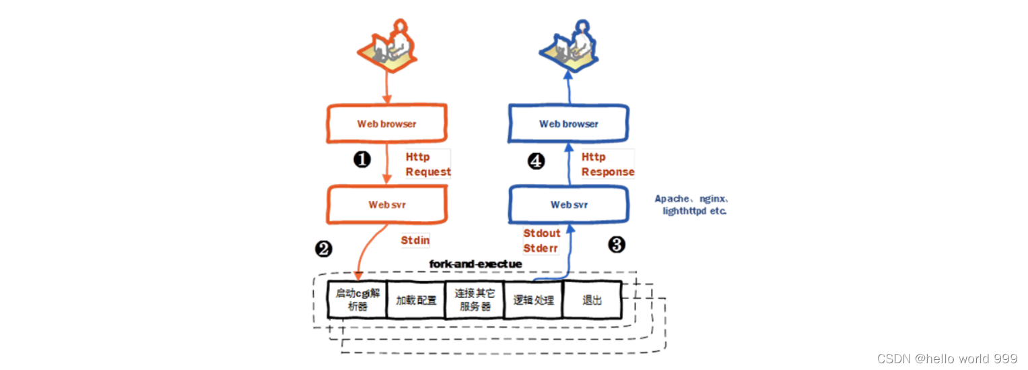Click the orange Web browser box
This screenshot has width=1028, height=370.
pyautogui.click(x=387, y=124)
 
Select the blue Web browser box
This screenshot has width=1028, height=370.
pyautogui.click(x=569, y=124)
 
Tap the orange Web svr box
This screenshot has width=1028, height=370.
pyautogui.click(x=387, y=204)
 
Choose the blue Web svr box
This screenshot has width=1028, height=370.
pyautogui.click(x=569, y=204)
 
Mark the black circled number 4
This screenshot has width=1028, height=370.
pyautogui.click(x=536, y=162)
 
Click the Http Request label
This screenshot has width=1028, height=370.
pyautogui.click(x=427, y=164)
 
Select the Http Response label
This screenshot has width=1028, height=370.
pyautogui.click(x=607, y=164)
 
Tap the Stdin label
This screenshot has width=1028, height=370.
pyautogui.click(x=415, y=240)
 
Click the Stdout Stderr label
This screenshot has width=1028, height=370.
pyautogui.click(x=541, y=241)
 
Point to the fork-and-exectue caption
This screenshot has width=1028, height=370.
pyautogui.click(x=475, y=264)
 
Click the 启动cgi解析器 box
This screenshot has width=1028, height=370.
pyautogui.click(x=357, y=299)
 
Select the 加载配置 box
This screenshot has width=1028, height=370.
pyautogui.click(x=416, y=300)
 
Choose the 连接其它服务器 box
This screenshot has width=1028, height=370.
pyautogui.click(x=475, y=299)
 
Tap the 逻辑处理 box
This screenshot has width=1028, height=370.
pyautogui.click(x=533, y=300)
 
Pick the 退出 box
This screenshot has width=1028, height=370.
pyautogui.click(x=592, y=300)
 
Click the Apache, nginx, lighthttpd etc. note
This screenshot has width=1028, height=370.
pyautogui.click(x=692, y=204)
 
